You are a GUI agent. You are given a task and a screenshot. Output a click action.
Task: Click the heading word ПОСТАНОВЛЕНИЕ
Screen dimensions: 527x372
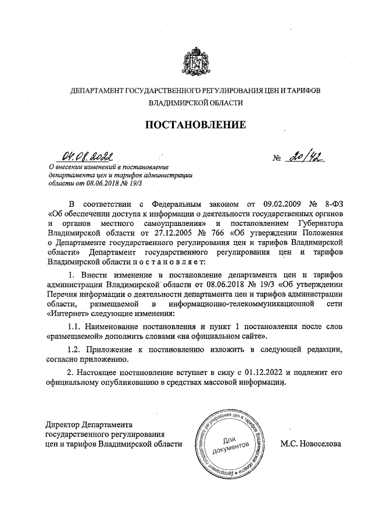point(195,124)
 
